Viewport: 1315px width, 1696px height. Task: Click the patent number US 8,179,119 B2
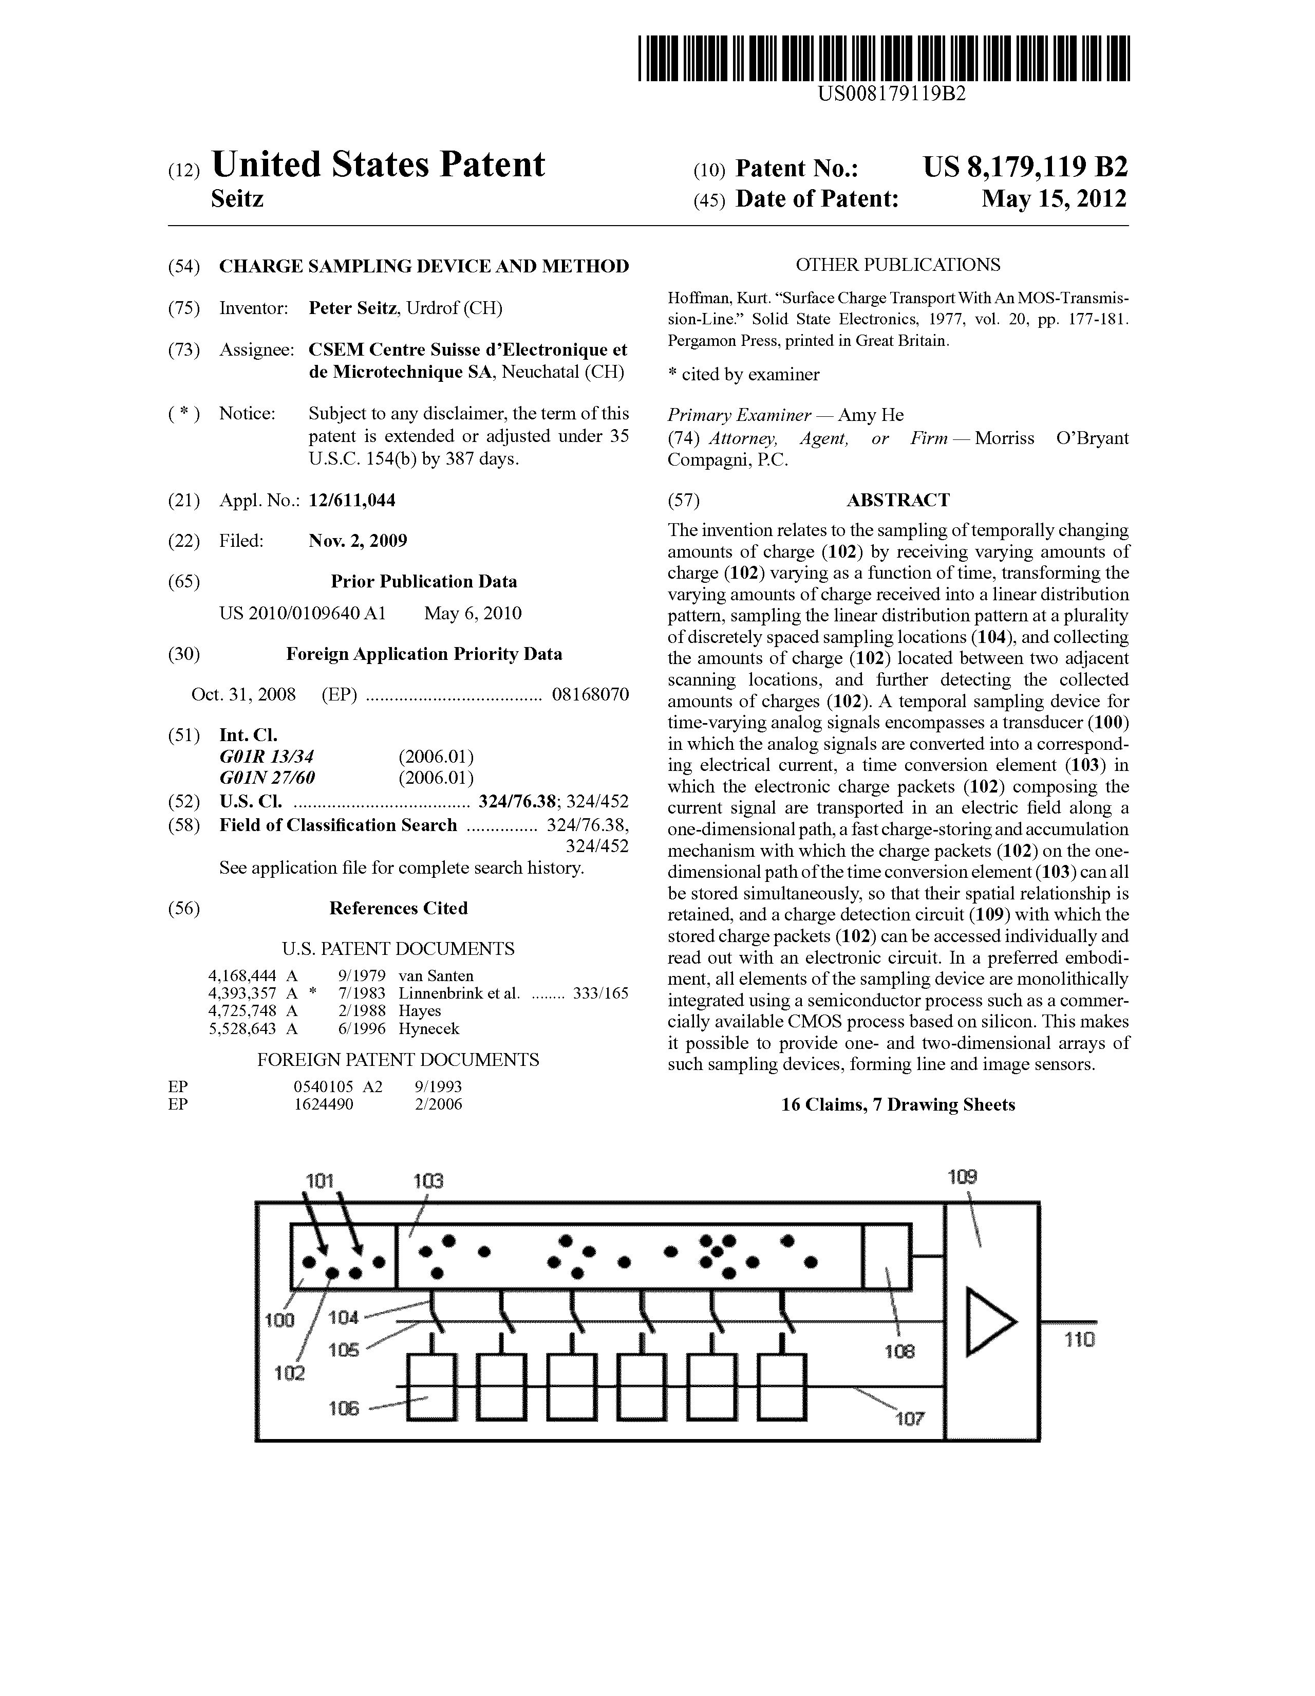(1025, 168)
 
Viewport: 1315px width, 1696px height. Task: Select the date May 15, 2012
(1054, 199)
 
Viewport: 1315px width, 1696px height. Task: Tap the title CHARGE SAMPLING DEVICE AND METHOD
(424, 266)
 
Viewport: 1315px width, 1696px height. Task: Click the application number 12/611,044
(352, 501)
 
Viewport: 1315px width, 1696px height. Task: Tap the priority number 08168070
(590, 694)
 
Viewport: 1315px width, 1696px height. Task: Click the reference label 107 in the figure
(909, 1419)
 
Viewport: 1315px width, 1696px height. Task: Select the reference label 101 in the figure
(319, 1181)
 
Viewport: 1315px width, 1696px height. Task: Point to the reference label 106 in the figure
(344, 1408)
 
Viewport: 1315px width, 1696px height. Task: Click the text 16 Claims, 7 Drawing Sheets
(897, 1105)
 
